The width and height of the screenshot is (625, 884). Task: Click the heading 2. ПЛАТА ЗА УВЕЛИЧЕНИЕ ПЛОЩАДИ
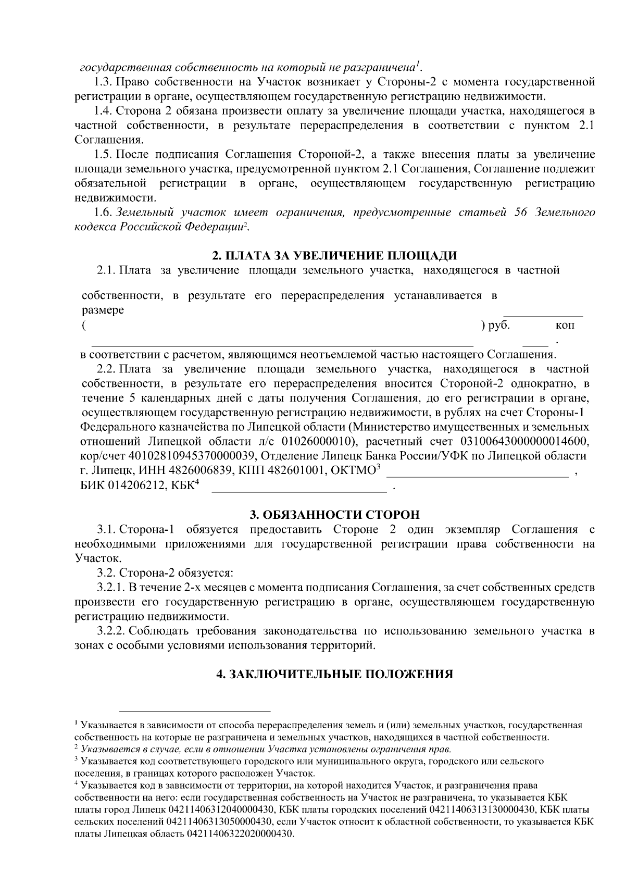(334, 256)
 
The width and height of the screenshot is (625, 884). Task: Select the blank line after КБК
(299, 490)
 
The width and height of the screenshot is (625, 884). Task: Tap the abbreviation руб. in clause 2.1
(498, 325)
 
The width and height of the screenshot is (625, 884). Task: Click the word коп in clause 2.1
(565, 326)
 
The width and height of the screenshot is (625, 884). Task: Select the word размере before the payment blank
(103, 310)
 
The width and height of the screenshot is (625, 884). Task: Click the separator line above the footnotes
(195, 711)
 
